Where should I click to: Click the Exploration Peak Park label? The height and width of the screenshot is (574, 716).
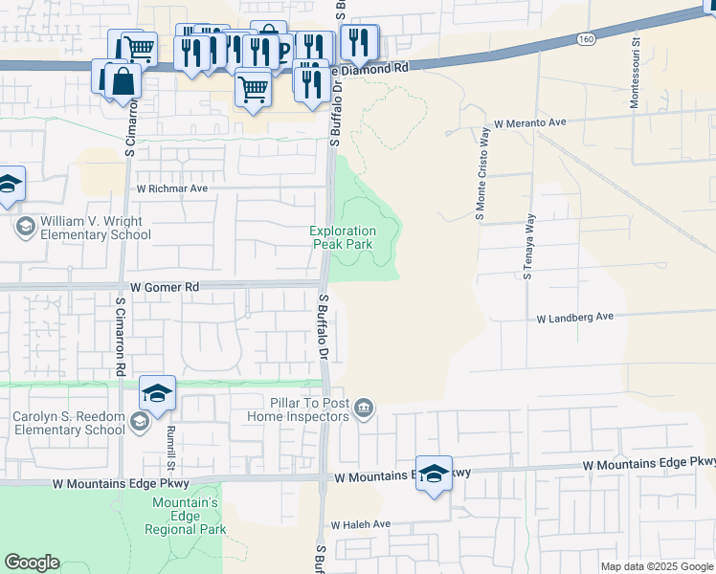tap(343, 237)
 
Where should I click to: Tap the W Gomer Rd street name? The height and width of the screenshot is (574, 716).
tap(164, 287)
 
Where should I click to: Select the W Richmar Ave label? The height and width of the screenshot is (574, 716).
tap(172, 188)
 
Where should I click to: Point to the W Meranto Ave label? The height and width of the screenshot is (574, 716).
tap(531, 123)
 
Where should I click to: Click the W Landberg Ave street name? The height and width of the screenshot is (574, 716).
tap(574, 317)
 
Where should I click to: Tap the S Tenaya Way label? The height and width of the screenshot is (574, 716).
tap(528, 248)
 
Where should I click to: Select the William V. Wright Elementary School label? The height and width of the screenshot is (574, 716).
tap(91, 228)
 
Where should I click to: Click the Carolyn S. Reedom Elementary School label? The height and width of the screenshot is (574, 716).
tap(69, 423)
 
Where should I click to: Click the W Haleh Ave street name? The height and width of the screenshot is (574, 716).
tap(361, 525)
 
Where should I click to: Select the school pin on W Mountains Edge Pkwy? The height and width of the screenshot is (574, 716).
tap(434, 475)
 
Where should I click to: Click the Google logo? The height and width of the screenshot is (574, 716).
tap(32, 563)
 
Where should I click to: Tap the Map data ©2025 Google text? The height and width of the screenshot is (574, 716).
tap(657, 566)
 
